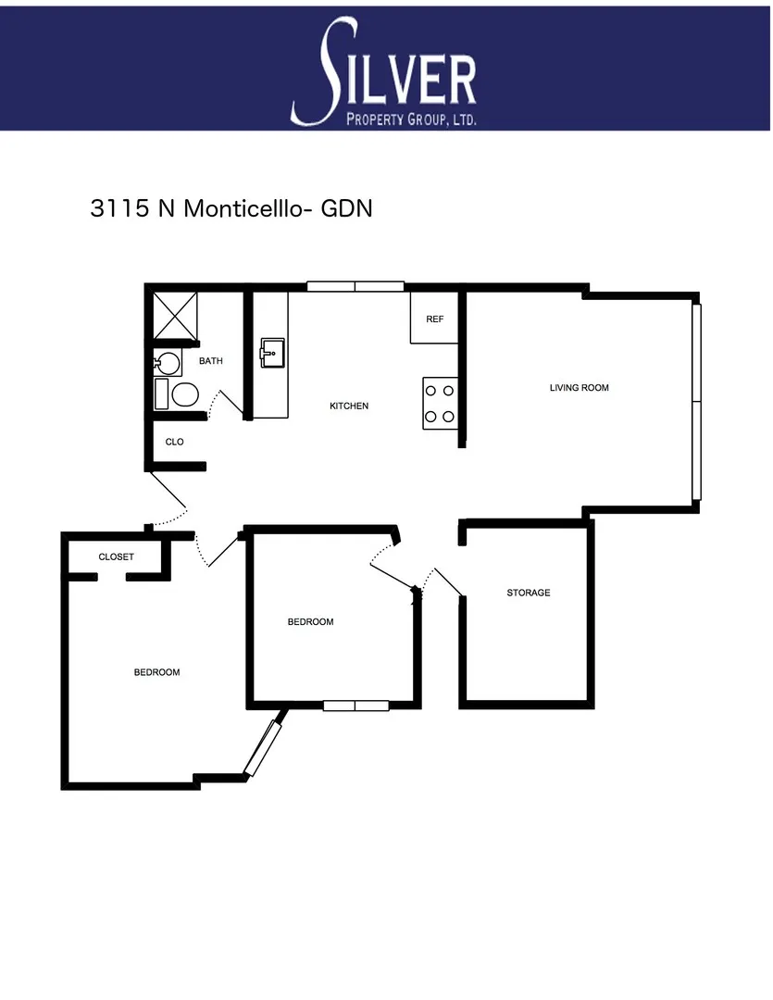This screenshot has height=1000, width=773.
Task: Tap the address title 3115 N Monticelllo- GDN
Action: tap(231, 208)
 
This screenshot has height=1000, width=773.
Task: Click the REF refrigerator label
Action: tap(435, 319)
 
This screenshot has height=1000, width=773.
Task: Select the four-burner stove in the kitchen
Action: tap(440, 403)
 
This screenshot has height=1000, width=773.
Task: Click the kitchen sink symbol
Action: tap(272, 353)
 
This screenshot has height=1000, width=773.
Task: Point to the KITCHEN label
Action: tap(349, 406)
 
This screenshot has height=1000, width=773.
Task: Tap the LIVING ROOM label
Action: tap(579, 388)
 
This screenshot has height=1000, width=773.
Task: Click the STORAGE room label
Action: tap(528, 593)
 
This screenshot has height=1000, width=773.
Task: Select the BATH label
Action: tap(211, 361)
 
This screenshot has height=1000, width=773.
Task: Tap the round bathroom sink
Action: tap(167, 362)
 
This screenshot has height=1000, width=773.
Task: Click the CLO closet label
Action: tap(174, 442)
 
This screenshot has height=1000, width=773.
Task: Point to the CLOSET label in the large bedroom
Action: tap(116, 556)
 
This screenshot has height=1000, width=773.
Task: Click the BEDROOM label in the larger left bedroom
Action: tap(156, 672)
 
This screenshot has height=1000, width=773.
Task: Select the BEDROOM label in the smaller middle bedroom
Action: tap(310, 622)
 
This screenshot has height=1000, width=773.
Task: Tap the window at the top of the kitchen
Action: tap(355, 286)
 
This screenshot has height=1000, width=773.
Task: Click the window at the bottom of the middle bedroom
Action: tap(355, 706)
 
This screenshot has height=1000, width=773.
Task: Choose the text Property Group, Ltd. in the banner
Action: tap(410, 119)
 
